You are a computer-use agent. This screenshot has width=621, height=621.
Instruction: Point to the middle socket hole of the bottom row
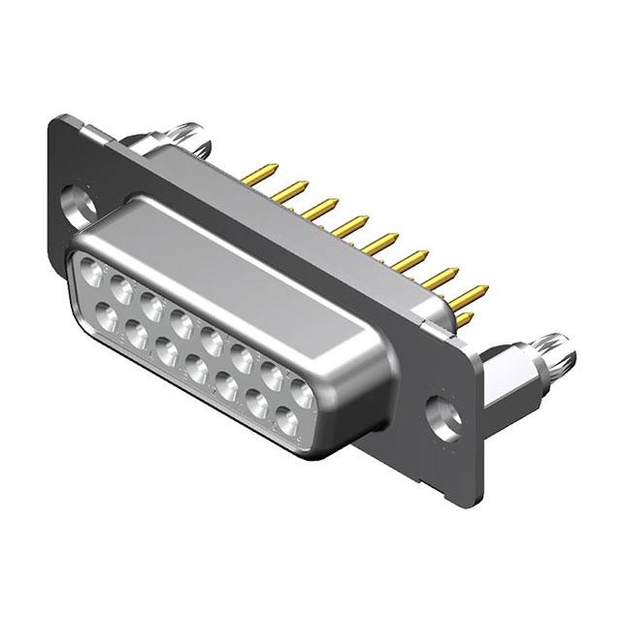pos(195,367)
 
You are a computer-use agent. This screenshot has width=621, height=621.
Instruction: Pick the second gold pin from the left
pos(289,191)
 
